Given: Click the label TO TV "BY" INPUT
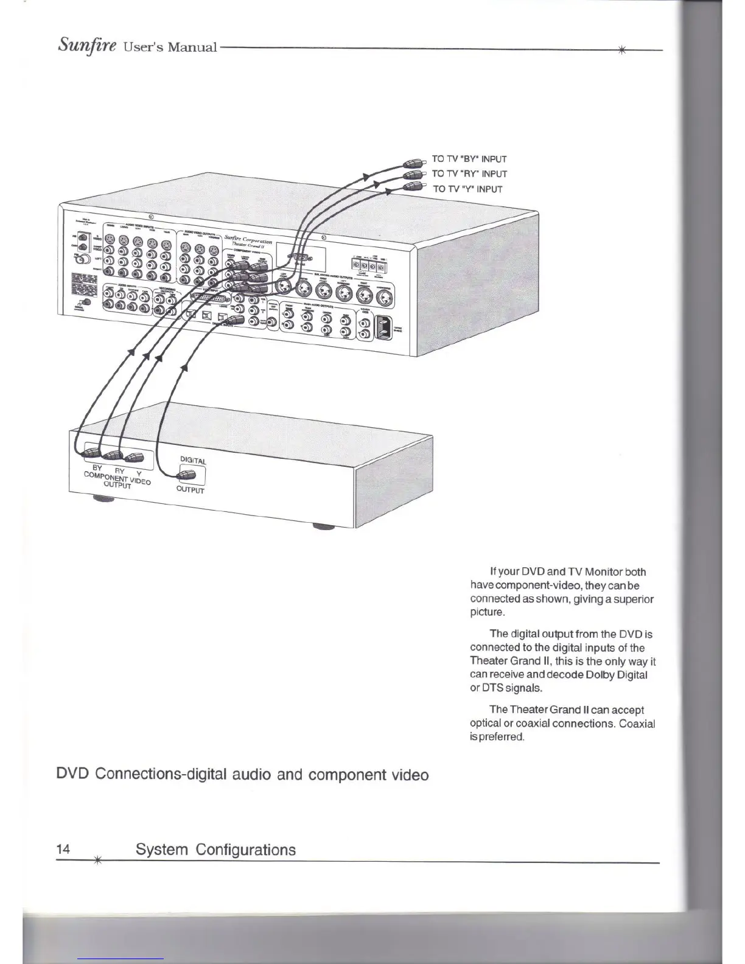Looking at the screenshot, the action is click(469, 159).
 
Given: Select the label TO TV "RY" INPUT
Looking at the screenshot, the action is click(469, 173).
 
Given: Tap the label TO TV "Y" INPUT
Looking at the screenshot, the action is click(467, 189).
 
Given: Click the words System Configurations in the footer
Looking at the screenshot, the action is click(215, 850).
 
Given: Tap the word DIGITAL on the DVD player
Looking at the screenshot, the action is click(194, 460).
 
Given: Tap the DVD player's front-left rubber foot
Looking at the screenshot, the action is click(106, 499).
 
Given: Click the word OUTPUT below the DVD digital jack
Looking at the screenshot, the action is click(191, 489).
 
